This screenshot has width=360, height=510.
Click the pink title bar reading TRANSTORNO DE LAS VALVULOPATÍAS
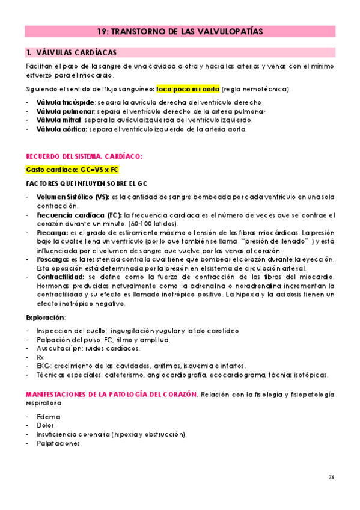(x=180, y=32)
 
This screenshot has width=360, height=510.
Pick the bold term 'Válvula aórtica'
(x=58, y=129)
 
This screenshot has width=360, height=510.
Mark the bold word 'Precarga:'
(x=52, y=233)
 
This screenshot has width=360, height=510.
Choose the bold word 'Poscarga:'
(x=53, y=259)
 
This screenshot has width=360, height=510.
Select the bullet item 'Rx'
(x=40, y=357)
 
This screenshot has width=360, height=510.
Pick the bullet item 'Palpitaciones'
(x=58, y=443)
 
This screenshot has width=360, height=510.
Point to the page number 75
(x=331, y=477)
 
